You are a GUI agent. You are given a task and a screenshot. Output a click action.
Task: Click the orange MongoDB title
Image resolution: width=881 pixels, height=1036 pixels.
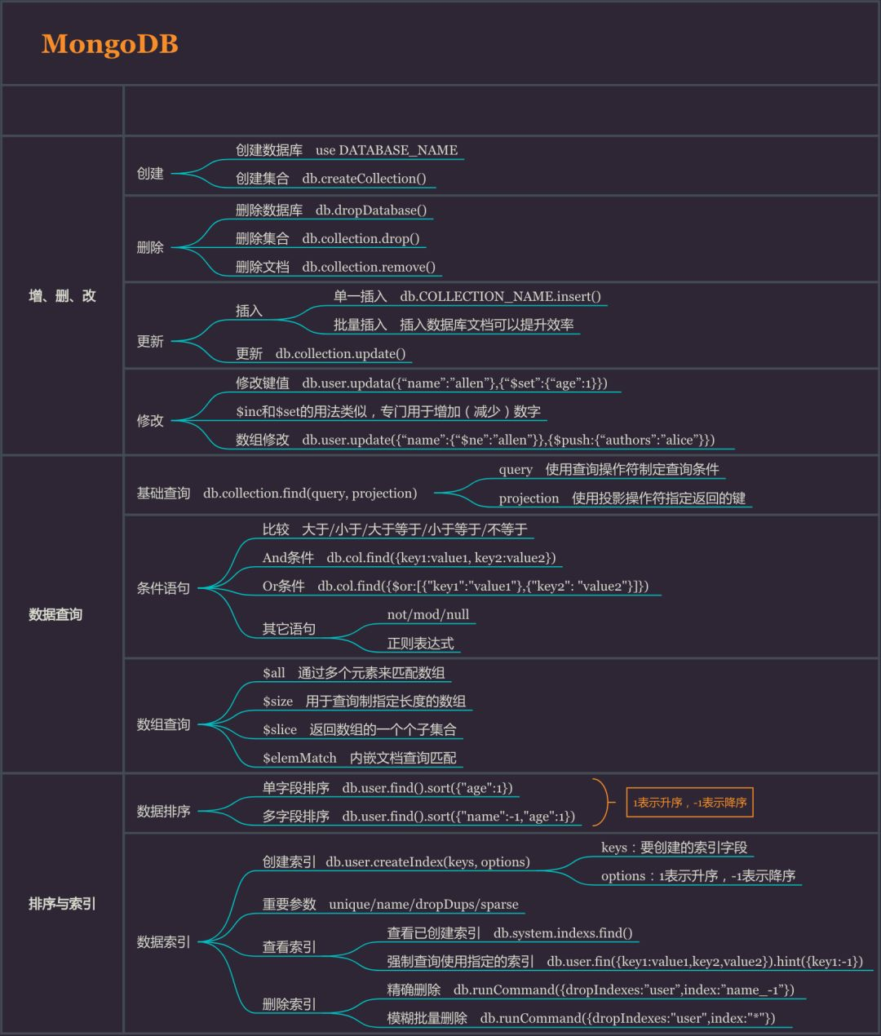pos(110,44)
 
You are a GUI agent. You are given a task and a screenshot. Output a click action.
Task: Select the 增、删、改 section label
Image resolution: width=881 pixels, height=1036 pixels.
pos(62,296)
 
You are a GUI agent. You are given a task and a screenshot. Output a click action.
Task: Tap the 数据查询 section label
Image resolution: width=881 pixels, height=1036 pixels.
pos(55,614)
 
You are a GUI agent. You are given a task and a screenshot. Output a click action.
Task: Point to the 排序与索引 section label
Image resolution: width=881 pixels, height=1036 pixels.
pos(62,904)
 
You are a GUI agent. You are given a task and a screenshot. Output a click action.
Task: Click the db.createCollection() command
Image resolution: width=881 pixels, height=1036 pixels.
pos(364,179)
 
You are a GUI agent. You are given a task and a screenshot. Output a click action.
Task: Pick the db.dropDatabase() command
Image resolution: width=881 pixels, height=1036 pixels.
pos(371,210)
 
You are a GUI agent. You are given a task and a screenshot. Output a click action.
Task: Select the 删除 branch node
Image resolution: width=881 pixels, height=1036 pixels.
pos(150,247)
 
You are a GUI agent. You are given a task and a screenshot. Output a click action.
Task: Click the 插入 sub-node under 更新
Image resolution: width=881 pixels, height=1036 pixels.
pos(249,311)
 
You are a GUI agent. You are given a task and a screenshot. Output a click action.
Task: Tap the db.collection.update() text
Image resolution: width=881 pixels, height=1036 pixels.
pos(340,353)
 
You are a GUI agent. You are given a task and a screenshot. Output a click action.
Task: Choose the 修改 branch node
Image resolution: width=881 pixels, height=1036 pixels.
pos(150,420)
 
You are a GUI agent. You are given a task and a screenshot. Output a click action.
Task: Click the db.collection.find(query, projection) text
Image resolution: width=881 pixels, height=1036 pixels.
pos(310,494)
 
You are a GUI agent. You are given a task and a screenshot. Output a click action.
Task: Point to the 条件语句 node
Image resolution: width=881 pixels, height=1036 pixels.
pos(163,588)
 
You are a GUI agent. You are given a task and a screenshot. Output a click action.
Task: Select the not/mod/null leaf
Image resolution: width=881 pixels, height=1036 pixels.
pos(428,614)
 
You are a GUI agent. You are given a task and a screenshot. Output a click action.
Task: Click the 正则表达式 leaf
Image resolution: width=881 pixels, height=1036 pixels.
pos(420,643)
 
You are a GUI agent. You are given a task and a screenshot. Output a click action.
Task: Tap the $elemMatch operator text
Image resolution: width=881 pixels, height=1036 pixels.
pos(299,758)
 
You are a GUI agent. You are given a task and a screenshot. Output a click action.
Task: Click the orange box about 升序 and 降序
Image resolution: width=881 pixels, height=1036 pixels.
pos(689,803)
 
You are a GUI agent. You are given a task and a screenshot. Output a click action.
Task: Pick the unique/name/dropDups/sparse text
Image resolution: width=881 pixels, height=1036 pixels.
pos(423,904)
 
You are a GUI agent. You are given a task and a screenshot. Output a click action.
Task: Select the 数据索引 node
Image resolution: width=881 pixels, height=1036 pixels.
pos(163,941)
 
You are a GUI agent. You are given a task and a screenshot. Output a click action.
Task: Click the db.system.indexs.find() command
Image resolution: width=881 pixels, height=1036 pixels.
pos(563,932)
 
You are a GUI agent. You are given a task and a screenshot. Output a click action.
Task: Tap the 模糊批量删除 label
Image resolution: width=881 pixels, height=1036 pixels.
pos(427,1018)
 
